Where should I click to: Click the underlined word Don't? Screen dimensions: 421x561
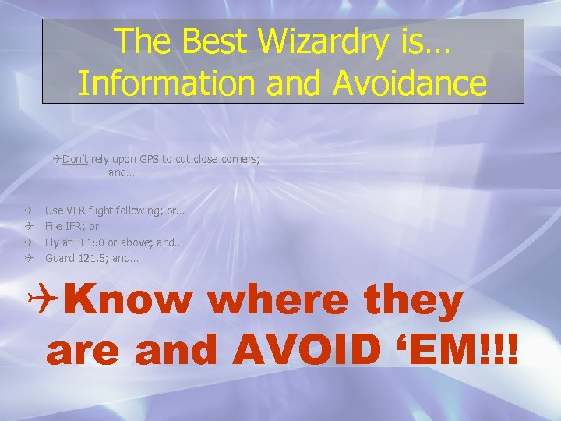(75, 159)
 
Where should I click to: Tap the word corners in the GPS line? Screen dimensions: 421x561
(238, 159)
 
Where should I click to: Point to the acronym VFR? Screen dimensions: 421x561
(76, 210)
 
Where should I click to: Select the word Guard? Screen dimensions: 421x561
(59, 257)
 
